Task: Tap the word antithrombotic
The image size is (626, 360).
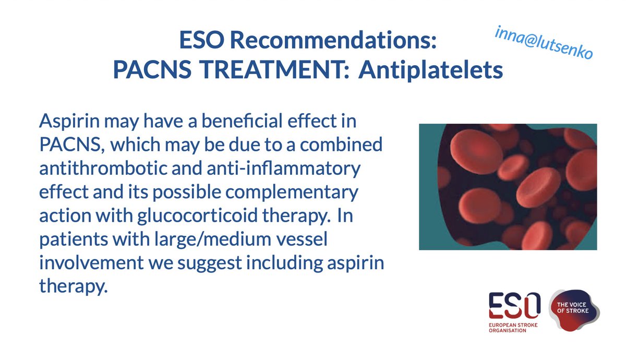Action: [x=105, y=170]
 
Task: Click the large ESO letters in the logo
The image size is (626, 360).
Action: [x=514, y=306]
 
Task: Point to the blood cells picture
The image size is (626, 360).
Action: [x=508, y=186]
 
